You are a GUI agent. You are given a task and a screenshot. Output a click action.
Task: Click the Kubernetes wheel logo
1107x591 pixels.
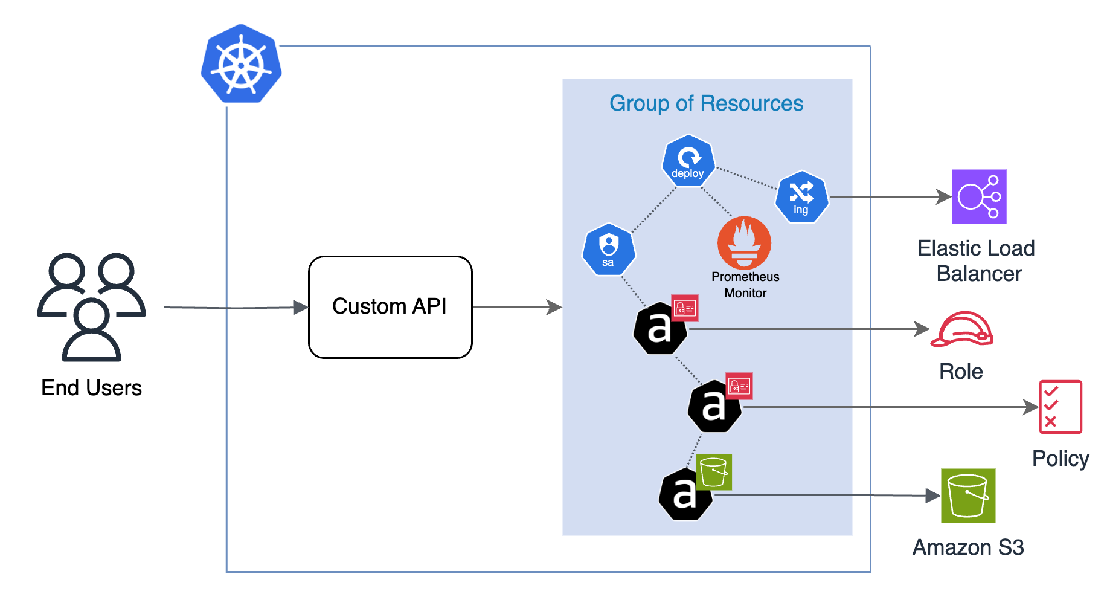click(x=241, y=64)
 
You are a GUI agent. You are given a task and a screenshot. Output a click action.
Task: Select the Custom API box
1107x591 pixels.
click(x=390, y=307)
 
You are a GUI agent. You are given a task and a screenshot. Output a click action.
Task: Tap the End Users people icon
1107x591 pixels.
click(x=91, y=306)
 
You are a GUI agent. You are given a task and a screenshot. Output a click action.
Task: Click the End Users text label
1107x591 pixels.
click(x=91, y=388)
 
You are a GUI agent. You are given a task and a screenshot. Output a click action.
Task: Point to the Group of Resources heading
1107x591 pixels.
click(x=706, y=103)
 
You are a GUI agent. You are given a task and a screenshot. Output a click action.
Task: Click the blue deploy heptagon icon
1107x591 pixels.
click(x=688, y=161)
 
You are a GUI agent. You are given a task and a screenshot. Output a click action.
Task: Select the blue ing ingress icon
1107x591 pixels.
click(x=801, y=197)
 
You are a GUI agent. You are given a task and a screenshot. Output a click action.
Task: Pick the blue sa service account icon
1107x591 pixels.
click(x=609, y=250)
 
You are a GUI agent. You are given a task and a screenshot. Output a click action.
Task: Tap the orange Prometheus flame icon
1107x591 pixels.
click(x=744, y=243)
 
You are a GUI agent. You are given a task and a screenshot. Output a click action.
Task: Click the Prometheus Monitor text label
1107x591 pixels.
click(x=745, y=285)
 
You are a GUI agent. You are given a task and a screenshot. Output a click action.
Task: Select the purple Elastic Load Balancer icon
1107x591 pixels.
click(x=979, y=197)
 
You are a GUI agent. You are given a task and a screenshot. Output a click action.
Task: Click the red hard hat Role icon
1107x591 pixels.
click(x=961, y=329)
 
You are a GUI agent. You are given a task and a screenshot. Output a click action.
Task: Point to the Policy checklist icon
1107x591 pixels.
click(x=1060, y=407)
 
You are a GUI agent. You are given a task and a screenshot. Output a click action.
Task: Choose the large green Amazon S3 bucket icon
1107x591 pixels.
click(x=968, y=496)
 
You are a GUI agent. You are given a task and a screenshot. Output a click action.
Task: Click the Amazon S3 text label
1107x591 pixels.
click(x=968, y=547)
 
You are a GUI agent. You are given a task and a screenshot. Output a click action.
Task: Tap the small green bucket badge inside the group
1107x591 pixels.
click(x=714, y=472)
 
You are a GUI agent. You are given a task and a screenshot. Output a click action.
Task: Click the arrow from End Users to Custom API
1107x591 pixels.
click(x=236, y=308)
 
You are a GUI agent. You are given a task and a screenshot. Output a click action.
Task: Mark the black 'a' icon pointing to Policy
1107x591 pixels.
click(x=714, y=407)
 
